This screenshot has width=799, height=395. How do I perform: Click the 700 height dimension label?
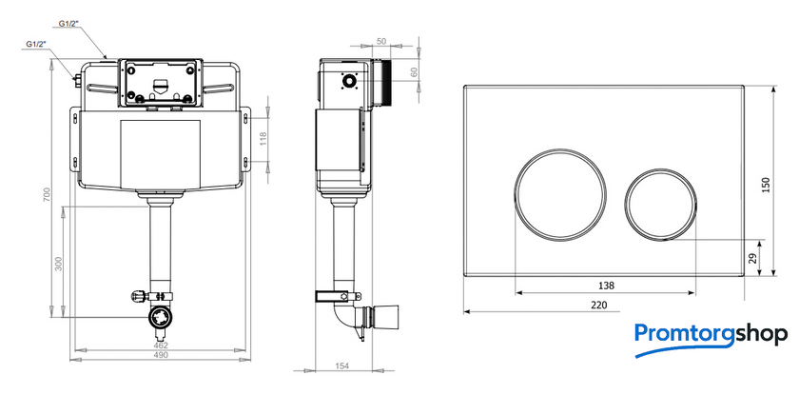(47, 195)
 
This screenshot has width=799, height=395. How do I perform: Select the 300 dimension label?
(58, 263)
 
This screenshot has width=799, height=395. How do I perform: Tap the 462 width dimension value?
(161, 346)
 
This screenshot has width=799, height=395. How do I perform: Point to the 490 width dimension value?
(161, 355)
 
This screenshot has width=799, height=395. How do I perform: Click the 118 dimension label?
(263, 139)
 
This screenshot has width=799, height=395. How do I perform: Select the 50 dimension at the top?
(381, 41)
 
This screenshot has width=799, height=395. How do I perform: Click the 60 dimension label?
(414, 73)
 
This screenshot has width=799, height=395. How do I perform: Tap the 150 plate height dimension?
(766, 185)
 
